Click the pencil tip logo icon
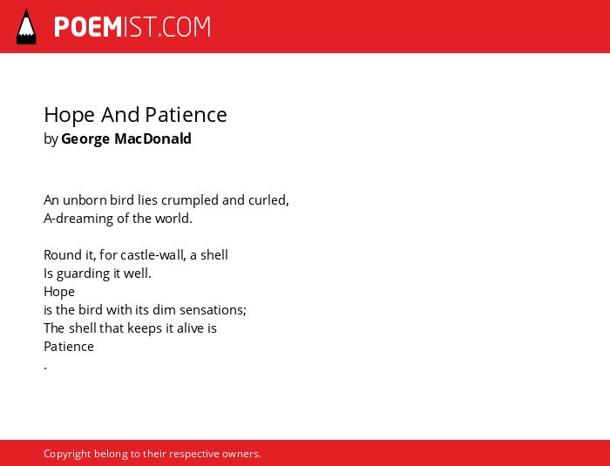(x=26, y=27)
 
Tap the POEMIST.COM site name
(x=132, y=27)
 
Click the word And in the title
(x=120, y=114)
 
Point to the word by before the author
(x=51, y=139)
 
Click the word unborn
(x=85, y=200)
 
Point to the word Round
(x=58, y=255)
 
